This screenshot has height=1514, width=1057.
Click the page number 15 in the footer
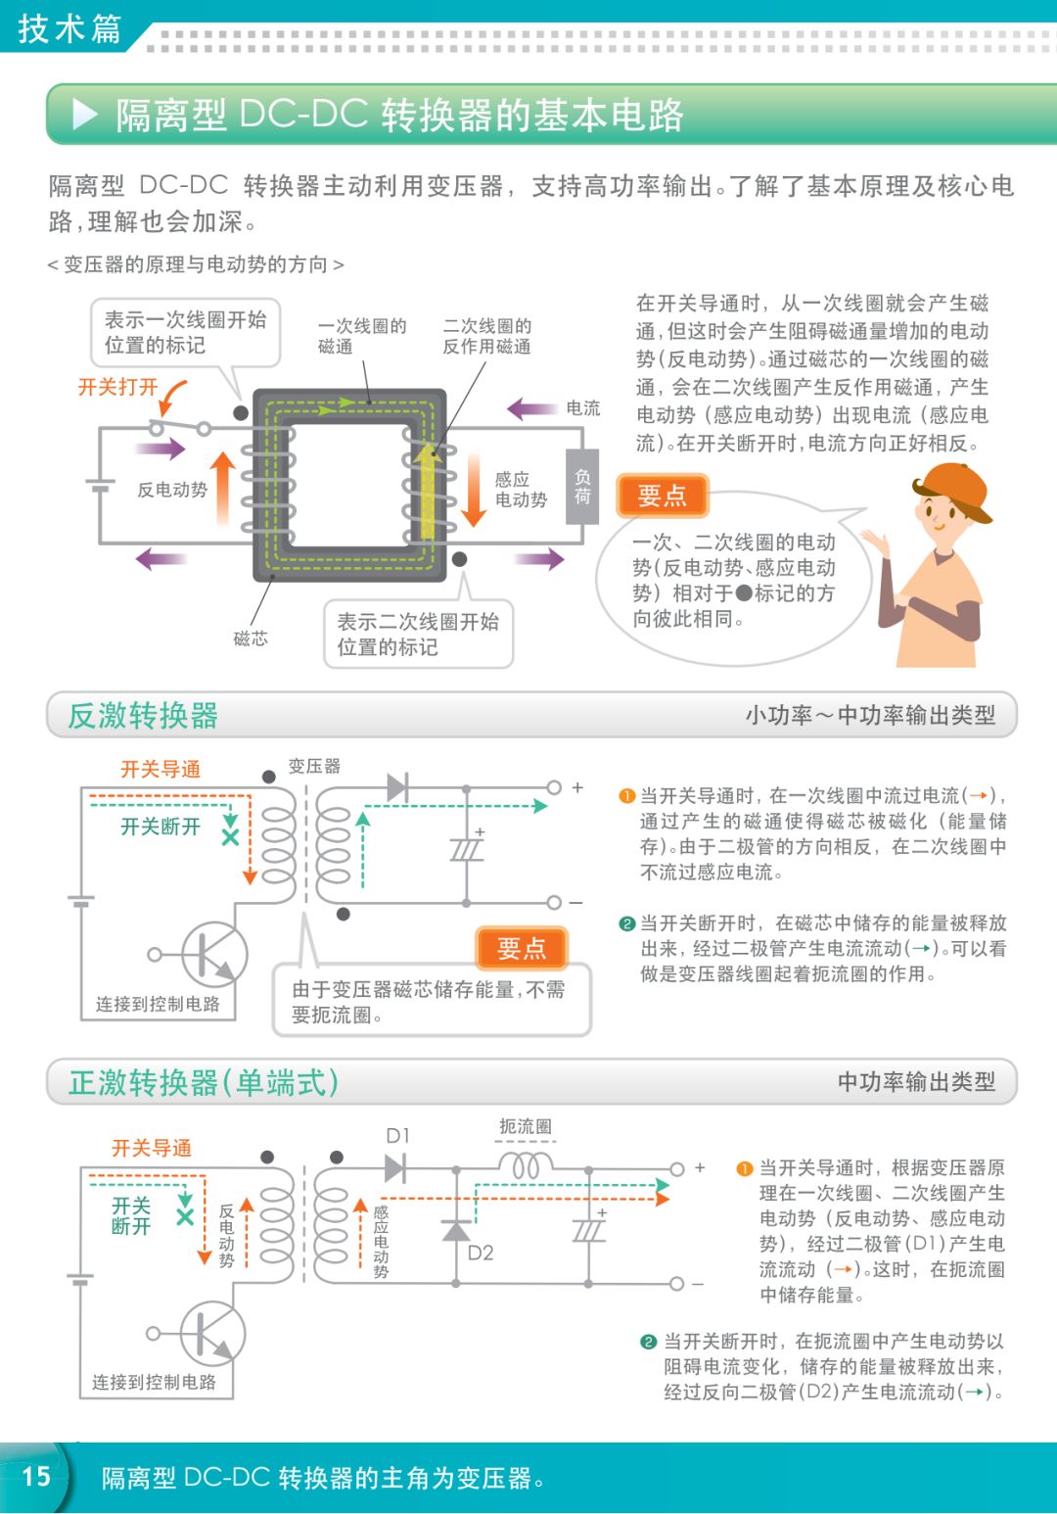click(36, 1476)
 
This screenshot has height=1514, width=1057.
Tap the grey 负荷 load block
click(581, 486)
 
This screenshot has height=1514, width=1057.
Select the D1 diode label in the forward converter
click(397, 1136)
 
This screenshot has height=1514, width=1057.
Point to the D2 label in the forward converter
click(481, 1253)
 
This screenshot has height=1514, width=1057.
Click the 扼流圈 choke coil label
click(526, 1126)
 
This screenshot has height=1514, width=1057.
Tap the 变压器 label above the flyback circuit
click(314, 766)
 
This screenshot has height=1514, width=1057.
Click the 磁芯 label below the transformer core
click(251, 639)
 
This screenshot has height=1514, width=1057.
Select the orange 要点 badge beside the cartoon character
click(662, 496)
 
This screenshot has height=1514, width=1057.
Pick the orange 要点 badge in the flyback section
click(522, 948)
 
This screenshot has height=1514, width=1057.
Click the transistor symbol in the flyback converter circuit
click(210, 954)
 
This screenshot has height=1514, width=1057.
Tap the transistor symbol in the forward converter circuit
click(209, 1333)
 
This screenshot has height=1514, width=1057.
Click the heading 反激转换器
click(143, 716)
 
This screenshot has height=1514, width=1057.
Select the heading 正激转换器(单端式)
click(204, 1082)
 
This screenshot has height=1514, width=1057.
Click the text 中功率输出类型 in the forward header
click(916, 1082)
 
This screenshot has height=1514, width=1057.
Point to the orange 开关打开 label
click(117, 387)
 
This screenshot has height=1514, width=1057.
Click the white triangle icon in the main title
click(85, 115)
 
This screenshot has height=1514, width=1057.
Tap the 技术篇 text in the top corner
click(69, 28)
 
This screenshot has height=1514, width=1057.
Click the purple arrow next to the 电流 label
click(531, 408)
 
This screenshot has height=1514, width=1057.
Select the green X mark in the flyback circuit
click(230, 837)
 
